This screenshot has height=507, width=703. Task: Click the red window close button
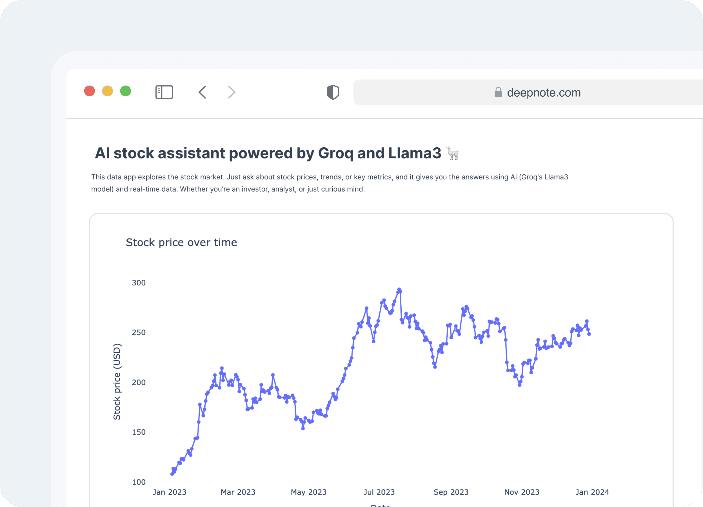point(90,91)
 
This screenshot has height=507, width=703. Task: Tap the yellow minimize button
point(108,91)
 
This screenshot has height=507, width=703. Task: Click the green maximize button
point(126,91)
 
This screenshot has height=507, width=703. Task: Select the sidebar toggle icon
point(164,92)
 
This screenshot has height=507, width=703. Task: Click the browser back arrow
point(203,92)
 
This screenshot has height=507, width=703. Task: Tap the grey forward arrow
point(232,92)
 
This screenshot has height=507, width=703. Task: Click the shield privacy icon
point(333,92)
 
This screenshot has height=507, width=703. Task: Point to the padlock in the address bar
point(498,92)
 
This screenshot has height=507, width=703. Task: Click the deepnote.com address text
point(544,92)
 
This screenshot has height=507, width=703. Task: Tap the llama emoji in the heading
point(453,153)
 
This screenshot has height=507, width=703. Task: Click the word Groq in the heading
point(336,153)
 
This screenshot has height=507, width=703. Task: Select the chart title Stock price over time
point(181,242)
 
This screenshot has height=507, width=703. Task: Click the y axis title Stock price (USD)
point(117,382)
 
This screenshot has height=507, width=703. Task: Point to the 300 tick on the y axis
point(139,283)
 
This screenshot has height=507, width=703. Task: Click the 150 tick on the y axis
point(139,432)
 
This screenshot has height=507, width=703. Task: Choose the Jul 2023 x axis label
point(379,492)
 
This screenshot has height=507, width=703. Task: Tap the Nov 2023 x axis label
point(522,492)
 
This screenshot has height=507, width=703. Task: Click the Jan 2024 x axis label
point(592,492)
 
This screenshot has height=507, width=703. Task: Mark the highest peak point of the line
point(399,290)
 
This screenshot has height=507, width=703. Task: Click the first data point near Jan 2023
point(172,474)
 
